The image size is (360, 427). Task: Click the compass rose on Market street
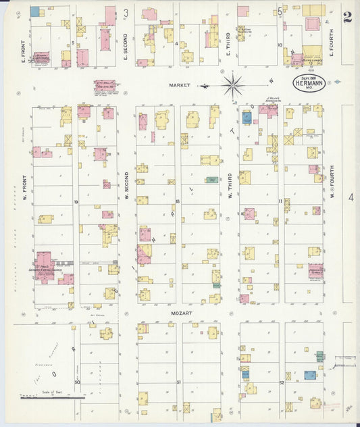point(232,85)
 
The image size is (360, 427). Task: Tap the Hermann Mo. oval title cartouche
point(309,84)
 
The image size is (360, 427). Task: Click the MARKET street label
point(180,85)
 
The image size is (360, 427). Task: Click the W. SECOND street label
point(126,189)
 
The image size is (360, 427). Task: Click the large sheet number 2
point(346,16)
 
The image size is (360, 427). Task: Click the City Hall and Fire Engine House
point(104,86)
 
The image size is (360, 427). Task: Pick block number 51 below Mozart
point(178,382)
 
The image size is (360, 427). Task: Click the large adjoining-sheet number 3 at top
point(126,12)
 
